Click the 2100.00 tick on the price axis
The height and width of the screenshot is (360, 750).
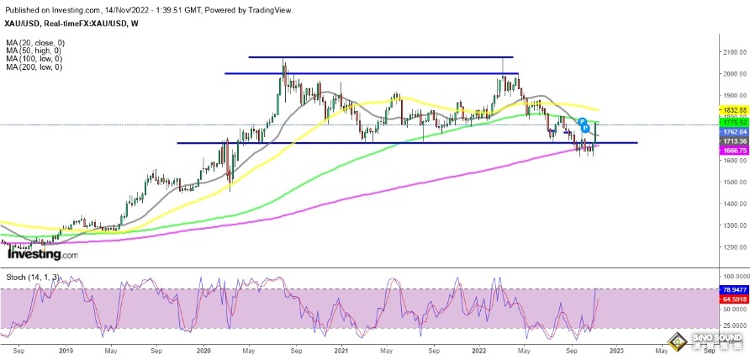coord(733,52)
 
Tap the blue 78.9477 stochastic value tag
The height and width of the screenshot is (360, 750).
coord(733,289)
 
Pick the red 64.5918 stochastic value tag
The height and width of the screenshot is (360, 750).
coord(733,298)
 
